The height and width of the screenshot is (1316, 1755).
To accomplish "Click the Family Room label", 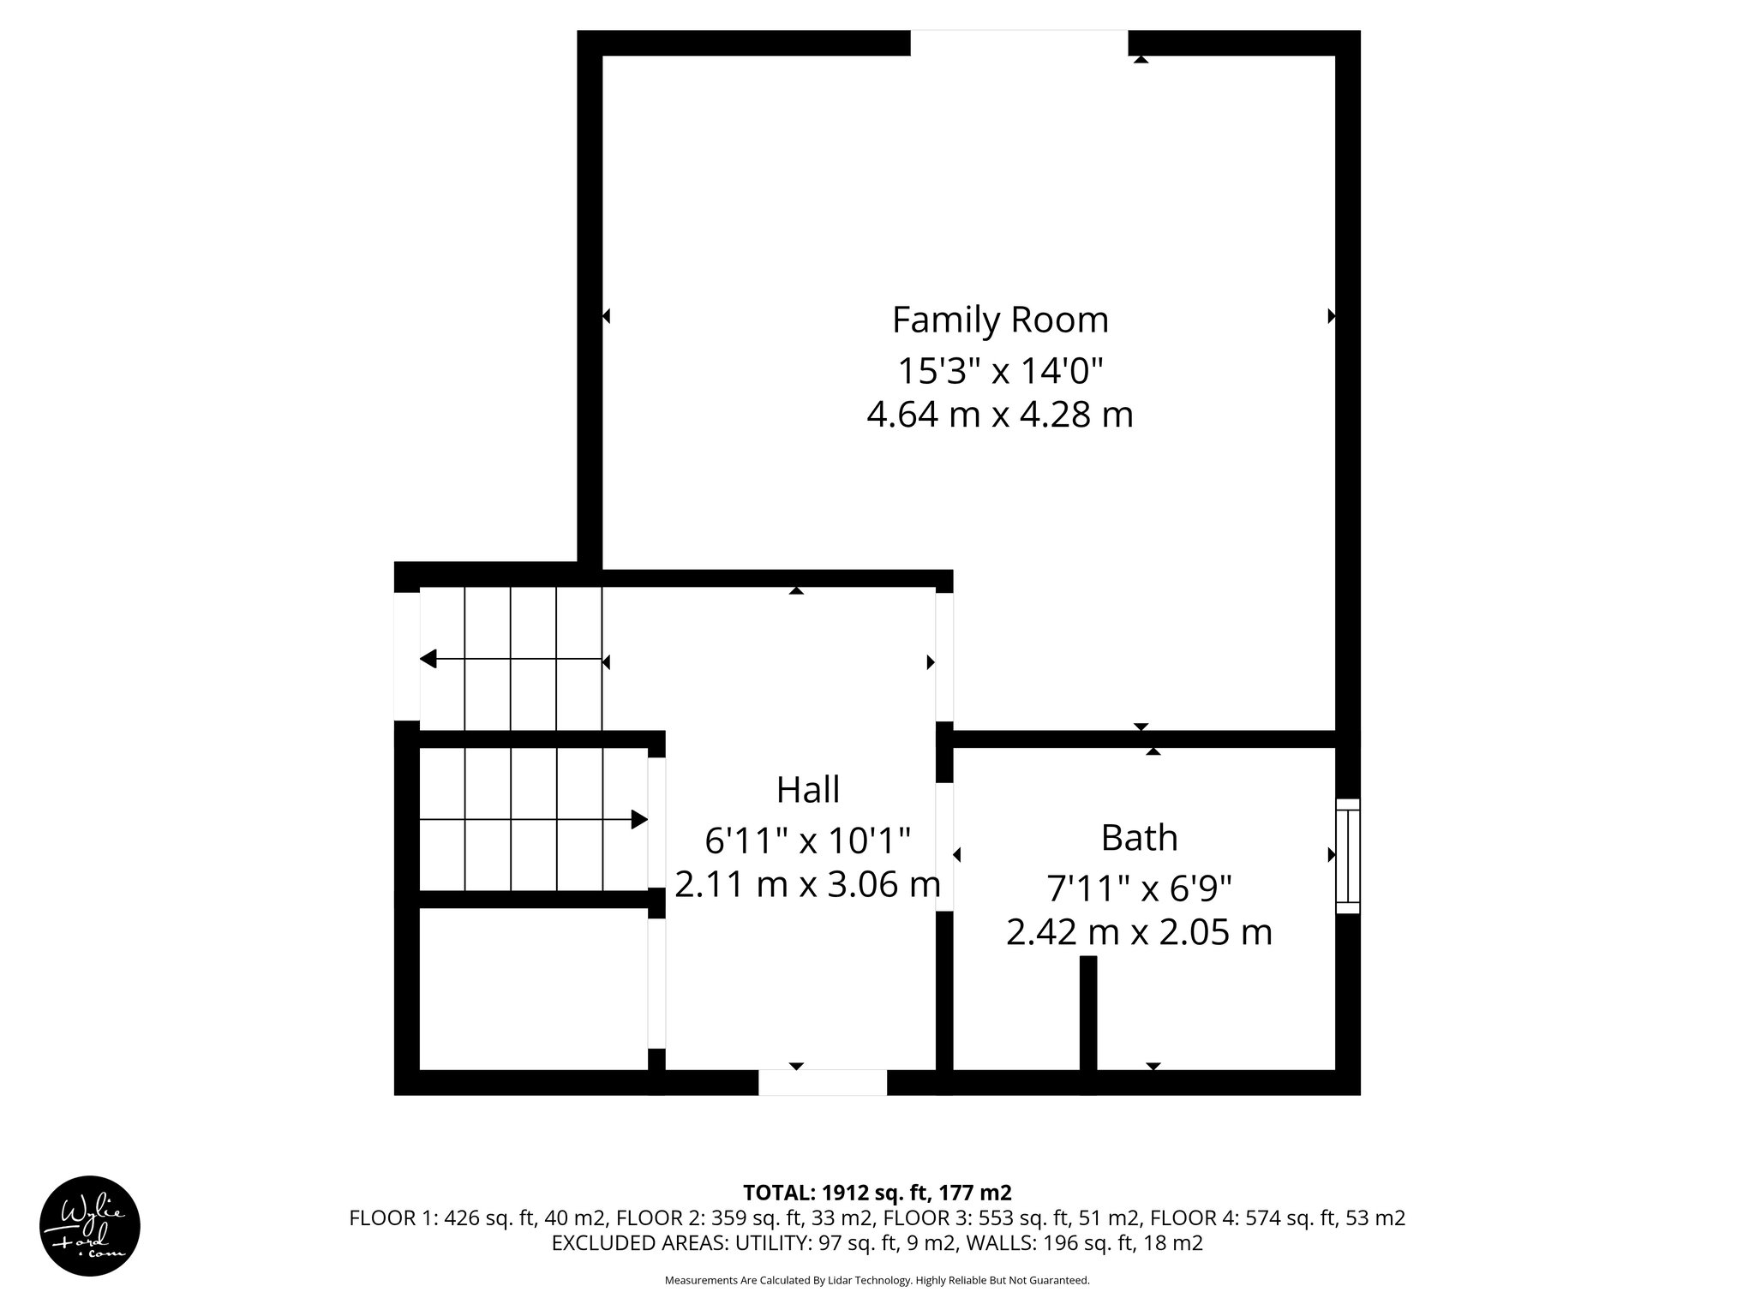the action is pos(1000,320).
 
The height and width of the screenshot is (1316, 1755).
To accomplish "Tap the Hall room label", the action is pos(808,789).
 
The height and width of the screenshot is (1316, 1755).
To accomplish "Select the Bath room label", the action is pos(1139,837).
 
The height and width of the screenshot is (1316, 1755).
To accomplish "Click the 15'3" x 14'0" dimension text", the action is pos(1000,371).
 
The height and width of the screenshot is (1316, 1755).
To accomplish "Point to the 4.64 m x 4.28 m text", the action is pos(1000,415).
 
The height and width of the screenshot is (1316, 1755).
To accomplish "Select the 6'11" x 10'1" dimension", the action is pos(807,840).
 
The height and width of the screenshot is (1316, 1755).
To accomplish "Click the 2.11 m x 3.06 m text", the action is pos(807,884).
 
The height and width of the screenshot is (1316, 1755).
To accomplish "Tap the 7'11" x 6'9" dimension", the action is pos(1139,888).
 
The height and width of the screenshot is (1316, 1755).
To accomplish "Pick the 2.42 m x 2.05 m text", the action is pos(1139,932).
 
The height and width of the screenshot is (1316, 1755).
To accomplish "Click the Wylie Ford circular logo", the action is pos(90,1225).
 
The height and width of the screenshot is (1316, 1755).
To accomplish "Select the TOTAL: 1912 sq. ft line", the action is pos(877,1193).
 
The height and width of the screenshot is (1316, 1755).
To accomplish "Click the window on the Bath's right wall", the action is pos(1348,856).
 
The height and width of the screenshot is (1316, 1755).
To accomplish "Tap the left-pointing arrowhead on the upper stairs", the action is pos(428,659).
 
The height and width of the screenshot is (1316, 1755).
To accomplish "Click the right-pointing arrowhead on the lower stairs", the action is pos(639,820).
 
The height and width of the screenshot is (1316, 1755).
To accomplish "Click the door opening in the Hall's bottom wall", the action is pos(823,1082).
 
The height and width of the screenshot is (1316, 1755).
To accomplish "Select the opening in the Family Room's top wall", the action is pos(1019,43).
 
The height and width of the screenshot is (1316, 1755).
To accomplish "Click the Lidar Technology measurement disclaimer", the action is pos(877,1281).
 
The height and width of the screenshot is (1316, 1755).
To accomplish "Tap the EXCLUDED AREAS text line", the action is pos(877,1243).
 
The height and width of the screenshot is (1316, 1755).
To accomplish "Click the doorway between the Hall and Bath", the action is pos(944,846).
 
